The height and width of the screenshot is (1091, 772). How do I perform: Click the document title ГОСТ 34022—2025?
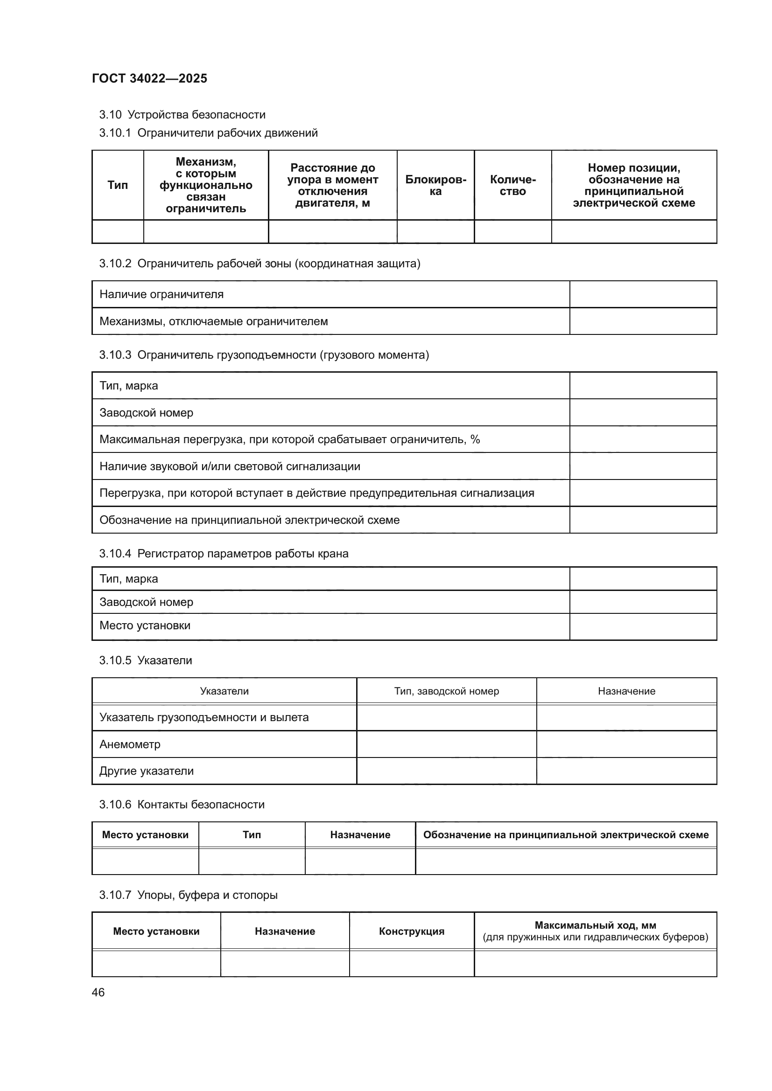click(x=150, y=78)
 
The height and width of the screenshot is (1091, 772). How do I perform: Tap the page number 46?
click(x=98, y=992)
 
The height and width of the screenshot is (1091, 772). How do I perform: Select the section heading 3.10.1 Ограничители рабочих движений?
click(x=208, y=133)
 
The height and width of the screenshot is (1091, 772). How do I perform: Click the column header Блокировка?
click(x=435, y=185)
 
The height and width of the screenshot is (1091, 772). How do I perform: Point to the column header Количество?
click(x=512, y=185)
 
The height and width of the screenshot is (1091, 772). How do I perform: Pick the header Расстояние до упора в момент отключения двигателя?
click(x=332, y=185)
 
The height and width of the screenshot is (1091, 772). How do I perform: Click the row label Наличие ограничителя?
click(x=161, y=294)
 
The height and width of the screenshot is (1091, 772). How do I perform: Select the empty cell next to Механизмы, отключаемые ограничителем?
click(x=643, y=321)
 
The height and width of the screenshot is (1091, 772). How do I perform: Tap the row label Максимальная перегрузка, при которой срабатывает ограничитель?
click(x=289, y=439)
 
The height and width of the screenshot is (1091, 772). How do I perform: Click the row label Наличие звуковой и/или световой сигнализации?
click(x=230, y=466)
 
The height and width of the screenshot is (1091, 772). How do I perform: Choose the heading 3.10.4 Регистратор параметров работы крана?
click(x=224, y=554)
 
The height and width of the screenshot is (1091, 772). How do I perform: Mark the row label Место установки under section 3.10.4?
click(x=145, y=625)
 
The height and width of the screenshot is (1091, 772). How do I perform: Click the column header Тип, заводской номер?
click(x=446, y=691)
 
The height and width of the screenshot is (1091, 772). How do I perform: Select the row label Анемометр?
click(x=130, y=744)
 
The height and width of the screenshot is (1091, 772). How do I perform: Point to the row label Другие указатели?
click(x=147, y=771)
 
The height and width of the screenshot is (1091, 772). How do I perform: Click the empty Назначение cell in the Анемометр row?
click(x=626, y=744)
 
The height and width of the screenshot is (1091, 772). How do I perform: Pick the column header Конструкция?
click(x=411, y=931)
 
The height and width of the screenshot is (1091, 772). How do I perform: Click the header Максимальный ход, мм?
click(x=595, y=925)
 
